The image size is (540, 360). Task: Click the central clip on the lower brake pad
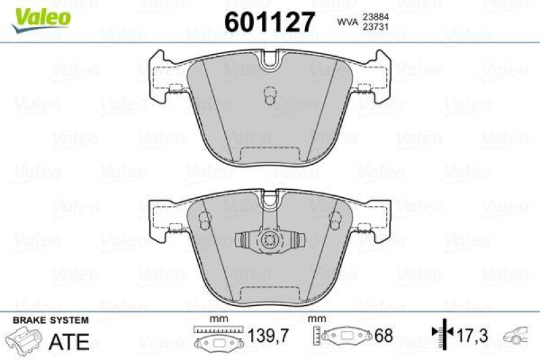coord(270,240)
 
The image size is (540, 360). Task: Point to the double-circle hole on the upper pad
coord(270,97)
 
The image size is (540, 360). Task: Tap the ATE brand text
coord(70,341)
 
